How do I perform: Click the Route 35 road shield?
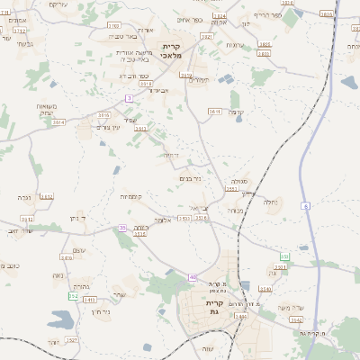121,229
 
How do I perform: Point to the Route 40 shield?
193,276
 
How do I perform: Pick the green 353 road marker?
284,256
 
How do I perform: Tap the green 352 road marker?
73,295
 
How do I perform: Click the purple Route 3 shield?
130,97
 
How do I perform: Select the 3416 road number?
67,257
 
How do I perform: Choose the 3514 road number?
58,121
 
